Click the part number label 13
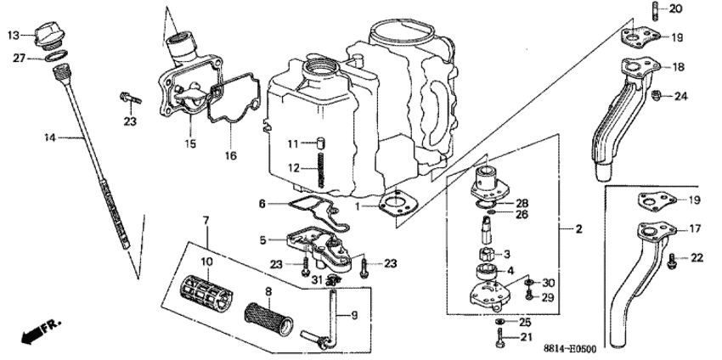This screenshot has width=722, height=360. [x=14, y=35]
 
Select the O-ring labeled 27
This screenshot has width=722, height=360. [x=56, y=58]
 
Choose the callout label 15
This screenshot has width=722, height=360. [x=190, y=144]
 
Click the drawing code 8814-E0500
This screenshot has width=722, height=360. [x=595, y=348]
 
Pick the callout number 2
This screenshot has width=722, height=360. [x=578, y=229]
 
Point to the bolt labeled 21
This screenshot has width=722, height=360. [x=499, y=339]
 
